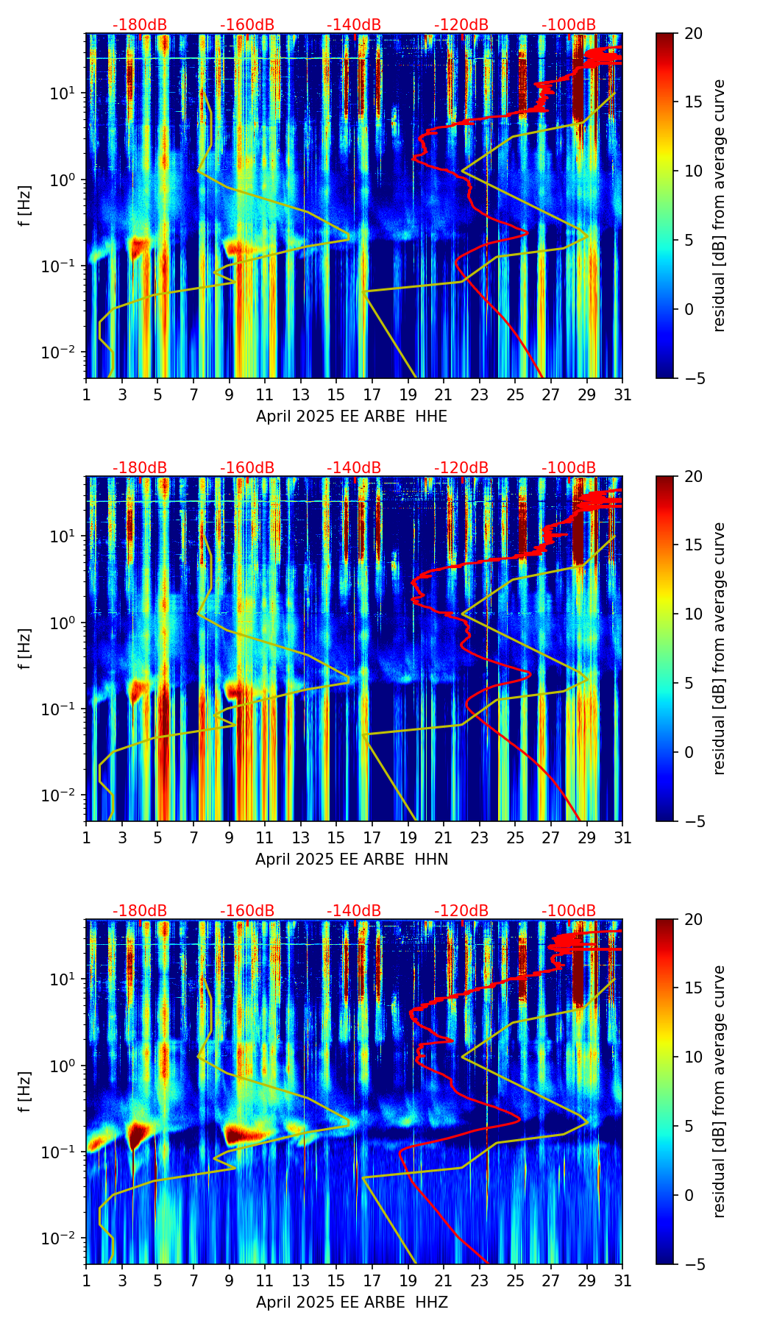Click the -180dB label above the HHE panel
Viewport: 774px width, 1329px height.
[x=140, y=25]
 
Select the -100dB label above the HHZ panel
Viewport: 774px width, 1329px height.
[x=569, y=911]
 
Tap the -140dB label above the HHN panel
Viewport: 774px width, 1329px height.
[x=354, y=468]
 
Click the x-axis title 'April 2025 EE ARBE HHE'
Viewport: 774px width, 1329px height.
[x=352, y=417]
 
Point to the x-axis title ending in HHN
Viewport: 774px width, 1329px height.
[x=352, y=860]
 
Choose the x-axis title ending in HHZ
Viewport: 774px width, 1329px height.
[x=352, y=1303]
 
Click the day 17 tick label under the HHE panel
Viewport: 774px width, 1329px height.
[x=372, y=395]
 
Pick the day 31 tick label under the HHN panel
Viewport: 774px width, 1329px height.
[x=622, y=838]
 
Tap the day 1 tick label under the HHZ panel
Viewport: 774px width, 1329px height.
[x=86, y=1281]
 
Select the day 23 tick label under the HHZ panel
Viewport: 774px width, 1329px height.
[x=479, y=1281]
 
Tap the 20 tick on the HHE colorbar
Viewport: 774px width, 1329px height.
[x=692, y=34]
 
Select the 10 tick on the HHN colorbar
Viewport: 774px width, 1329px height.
[x=692, y=614]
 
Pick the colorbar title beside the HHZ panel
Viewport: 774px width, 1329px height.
[x=720, y=1091]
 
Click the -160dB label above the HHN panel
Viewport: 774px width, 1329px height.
[x=247, y=468]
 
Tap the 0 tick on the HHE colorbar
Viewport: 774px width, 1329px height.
[x=689, y=309]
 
